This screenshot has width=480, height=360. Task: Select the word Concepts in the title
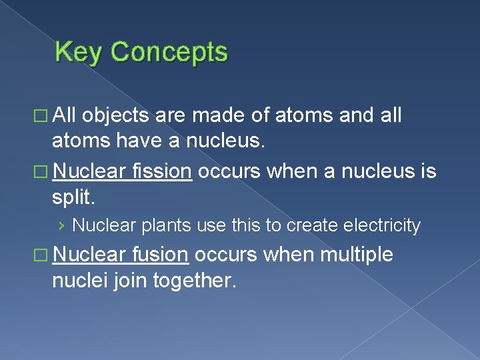tap(169, 52)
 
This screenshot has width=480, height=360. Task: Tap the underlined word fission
tap(161, 171)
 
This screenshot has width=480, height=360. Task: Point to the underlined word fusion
tap(161, 254)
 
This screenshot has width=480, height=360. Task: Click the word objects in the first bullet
tap(117, 115)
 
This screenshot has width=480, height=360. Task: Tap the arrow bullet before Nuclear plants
tap(61, 226)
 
